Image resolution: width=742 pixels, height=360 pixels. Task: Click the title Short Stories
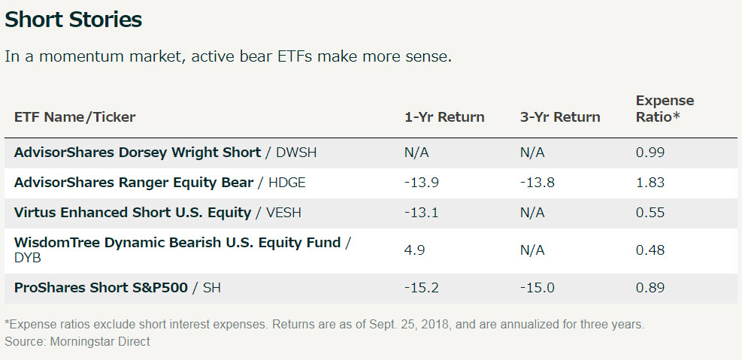click(74, 20)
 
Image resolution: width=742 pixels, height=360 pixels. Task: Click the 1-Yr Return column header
click(444, 117)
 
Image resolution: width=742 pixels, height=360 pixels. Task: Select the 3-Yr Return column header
click(560, 117)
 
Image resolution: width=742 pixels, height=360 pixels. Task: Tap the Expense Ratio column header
click(665, 109)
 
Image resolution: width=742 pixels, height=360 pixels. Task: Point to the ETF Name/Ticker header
click(74, 117)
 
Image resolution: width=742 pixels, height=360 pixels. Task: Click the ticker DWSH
click(296, 153)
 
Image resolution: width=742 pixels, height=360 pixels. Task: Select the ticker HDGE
click(286, 183)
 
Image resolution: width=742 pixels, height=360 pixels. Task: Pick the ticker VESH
click(283, 213)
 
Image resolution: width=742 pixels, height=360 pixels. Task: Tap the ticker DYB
click(28, 258)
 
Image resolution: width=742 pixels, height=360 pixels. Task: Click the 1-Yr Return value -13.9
click(422, 183)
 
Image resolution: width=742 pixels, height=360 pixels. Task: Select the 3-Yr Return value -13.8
click(538, 183)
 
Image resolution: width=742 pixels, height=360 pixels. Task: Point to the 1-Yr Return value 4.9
click(414, 250)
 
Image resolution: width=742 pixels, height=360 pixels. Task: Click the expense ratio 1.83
click(650, 183)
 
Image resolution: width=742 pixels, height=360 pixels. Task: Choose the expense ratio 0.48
click(650, 250)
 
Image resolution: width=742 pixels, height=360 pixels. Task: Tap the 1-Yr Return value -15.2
click(422, 288)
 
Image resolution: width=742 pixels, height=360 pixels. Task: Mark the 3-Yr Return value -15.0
click(538, 288)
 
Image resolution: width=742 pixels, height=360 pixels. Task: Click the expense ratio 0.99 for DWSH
click(650, 153)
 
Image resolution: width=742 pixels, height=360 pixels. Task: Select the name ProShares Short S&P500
click(101, 288)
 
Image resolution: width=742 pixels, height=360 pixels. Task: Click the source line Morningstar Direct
click(77, 341)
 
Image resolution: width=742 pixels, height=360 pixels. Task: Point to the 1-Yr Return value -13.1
click(422, 213)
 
